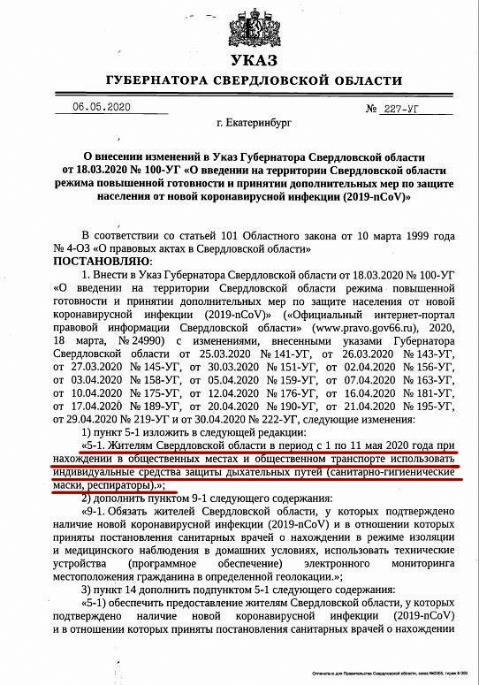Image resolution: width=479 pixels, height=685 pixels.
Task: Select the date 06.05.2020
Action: click(x=102, y=107)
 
